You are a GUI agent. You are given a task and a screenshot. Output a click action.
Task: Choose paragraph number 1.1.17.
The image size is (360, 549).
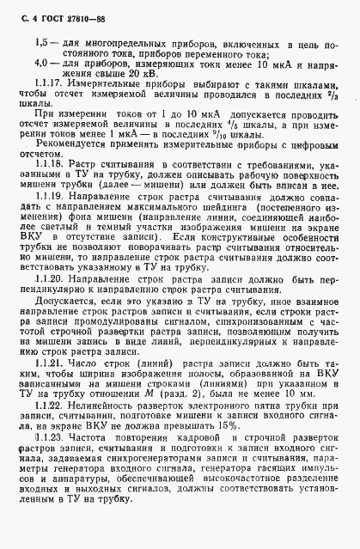click(x=52, y=109)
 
